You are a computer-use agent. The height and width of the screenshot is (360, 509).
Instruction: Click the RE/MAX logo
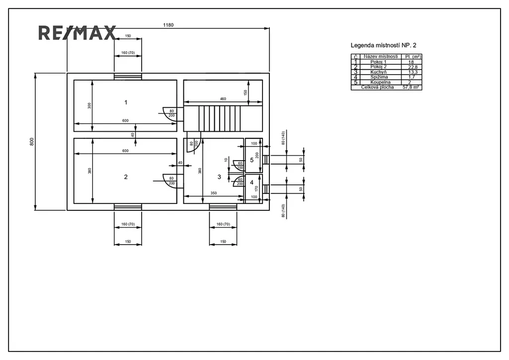pyautogui.click(x=77, y=33)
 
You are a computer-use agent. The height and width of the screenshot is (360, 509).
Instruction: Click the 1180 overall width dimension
pyautogui.click(x=168, y=25)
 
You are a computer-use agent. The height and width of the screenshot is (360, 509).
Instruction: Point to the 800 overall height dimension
pyautogui.click(x=32, y=142)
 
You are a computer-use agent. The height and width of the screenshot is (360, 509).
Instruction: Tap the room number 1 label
pyautogui.click(x=126, y=102)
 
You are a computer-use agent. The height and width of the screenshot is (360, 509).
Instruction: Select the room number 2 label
pyautogui.click(x=126, y=177)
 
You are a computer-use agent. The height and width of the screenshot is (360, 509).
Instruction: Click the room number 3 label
pyautogui.click(x=219, y=177)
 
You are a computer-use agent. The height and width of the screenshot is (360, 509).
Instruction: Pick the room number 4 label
pyautogui.click(x=252, y=183)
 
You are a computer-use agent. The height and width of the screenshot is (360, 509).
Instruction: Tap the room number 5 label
pyautogui.click(x=252, y=160)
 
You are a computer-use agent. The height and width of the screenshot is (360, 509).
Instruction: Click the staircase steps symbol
pyautogui.click(x=219, y=118)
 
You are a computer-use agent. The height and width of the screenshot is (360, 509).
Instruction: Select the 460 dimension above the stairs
pyautogui.click(x=223, y=99)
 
